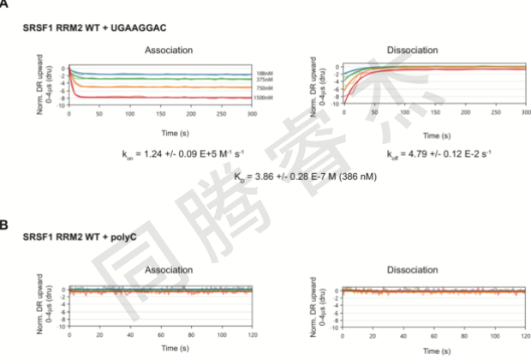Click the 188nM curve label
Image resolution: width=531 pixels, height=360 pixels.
[x=265, y=75]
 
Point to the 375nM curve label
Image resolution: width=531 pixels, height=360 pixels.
[x=265, y=81]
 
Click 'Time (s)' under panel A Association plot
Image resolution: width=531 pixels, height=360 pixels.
[x=162, y=133]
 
